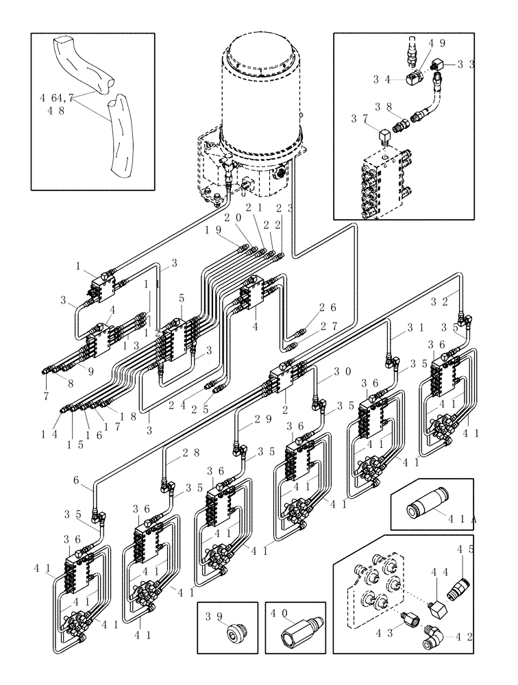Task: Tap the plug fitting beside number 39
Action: click(x=234, y=632)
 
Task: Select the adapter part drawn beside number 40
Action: click(x=297, y=634)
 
